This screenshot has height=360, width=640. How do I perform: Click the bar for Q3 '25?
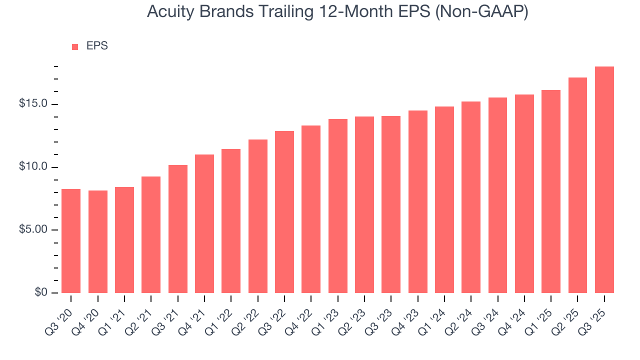604,180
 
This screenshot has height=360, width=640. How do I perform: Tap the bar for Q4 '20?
97,242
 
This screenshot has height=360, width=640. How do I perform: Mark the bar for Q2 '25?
577,185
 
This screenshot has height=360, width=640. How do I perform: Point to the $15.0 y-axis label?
33,104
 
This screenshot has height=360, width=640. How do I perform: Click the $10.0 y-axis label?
33,167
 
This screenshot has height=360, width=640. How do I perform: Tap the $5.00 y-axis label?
33,230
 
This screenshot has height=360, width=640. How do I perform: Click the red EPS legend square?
75,46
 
